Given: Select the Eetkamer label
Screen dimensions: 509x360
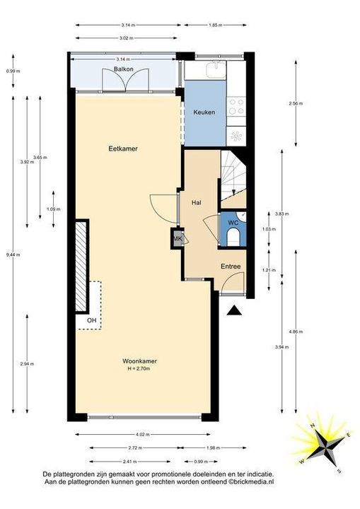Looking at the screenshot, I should point(122,149).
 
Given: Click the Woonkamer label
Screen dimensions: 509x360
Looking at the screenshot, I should point(139,361).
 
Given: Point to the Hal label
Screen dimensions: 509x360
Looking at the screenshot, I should point(197,203).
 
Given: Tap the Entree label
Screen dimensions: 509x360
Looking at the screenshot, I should point(231,267).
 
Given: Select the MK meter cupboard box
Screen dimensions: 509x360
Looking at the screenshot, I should point(178,239).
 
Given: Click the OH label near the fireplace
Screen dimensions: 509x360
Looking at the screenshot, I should point(91,320).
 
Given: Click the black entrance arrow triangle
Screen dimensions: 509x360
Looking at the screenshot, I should point(235,310).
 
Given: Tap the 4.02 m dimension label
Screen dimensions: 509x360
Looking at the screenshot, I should point(142,435).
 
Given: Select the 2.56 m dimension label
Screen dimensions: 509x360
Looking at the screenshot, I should point(296,103).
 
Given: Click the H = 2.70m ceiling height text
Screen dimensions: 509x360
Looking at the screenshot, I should point(139,368).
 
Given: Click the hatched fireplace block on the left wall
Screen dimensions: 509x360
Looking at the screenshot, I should point(83,264).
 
